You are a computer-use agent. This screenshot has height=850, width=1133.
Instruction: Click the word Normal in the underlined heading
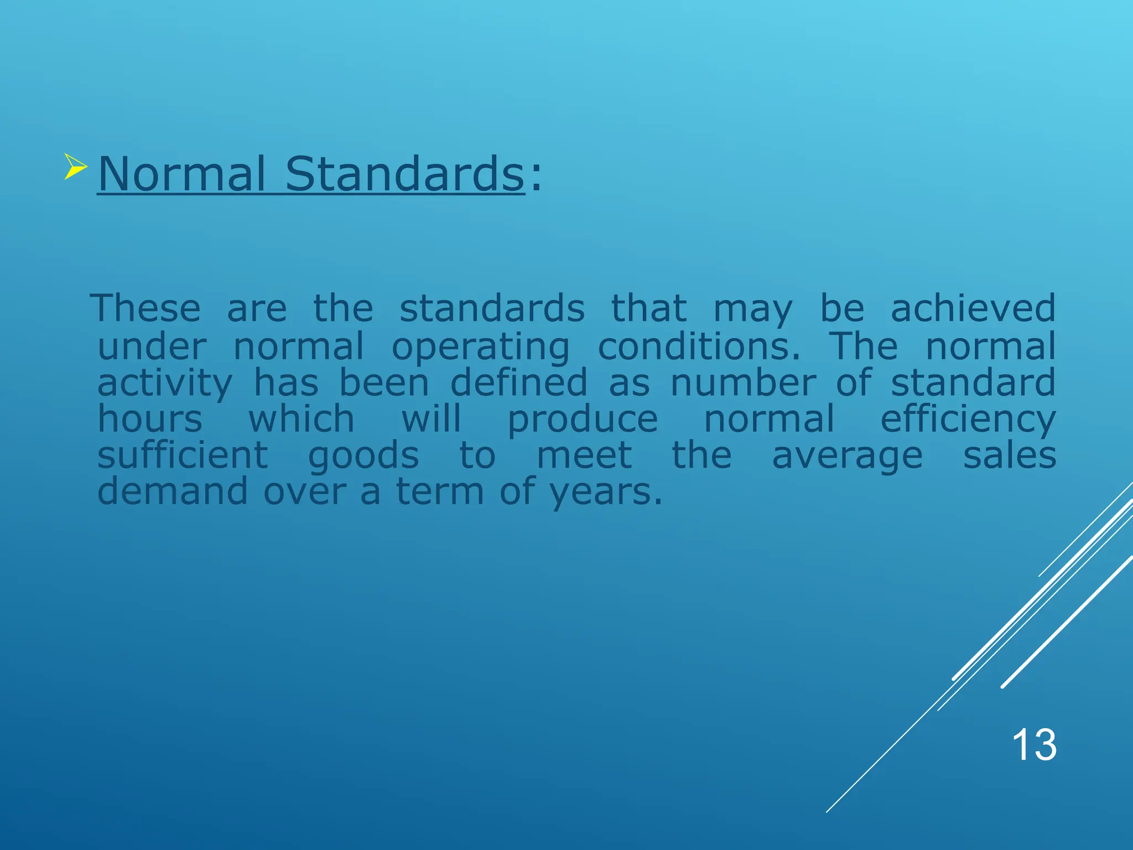(181, 174)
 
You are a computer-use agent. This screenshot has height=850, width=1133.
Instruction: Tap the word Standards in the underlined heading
(404, 174)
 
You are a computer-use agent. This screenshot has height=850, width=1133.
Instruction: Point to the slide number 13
(1034, 745)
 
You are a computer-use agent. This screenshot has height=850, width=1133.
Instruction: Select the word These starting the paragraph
(145, 308)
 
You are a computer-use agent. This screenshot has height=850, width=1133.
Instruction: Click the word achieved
(973, 308)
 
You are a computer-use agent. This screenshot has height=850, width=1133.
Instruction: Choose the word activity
(165, 383)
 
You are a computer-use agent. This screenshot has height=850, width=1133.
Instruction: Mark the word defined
(518, 383)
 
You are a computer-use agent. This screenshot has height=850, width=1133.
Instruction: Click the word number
(743, 383)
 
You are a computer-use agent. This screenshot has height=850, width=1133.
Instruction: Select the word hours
(150, 419)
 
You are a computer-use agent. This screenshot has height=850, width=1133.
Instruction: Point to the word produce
(583, 420)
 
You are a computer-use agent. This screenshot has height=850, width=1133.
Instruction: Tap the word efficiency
(968, 420)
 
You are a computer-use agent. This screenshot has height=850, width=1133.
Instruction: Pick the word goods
(363, 457)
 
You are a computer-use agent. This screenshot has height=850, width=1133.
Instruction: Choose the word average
(847, 457)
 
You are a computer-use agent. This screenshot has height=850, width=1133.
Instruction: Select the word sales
(1010, 455)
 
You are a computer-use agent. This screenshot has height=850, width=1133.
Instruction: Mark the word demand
(173, 491)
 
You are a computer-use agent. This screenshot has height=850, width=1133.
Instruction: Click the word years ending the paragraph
(605, 493)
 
